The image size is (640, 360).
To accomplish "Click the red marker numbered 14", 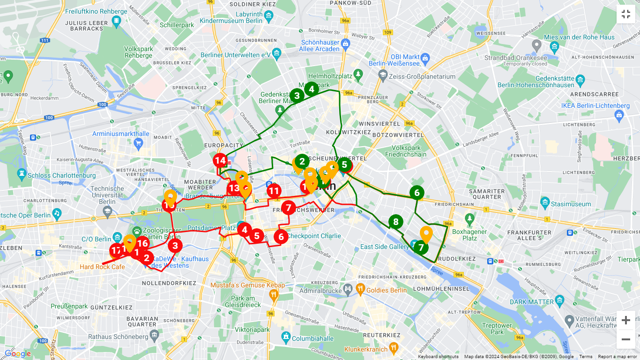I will click(220, 161).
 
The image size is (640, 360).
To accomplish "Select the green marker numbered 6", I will click(417, 192).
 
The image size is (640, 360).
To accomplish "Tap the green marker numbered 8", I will click(396, 222).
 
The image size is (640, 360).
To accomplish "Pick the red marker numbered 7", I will click(289, 207).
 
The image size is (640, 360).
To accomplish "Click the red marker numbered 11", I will click(274, 191).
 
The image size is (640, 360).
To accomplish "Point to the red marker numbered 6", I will click(281, 237).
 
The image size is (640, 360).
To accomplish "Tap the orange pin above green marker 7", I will click(426, 234).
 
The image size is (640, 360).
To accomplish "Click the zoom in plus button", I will click(626, 320).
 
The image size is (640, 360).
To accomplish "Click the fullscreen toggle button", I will click(626, 14).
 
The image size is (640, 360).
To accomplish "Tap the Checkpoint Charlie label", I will click(313, 236).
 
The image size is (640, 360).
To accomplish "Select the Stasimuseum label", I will click(571, 204).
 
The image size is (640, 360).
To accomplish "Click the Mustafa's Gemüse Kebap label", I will click(241, 285).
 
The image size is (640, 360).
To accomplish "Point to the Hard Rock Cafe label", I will click(102, 267).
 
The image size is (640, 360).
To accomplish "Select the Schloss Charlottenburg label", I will click(61, 176).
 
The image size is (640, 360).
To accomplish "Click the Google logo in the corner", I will click(18, 354).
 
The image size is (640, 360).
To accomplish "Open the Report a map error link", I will click(617, 357).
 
